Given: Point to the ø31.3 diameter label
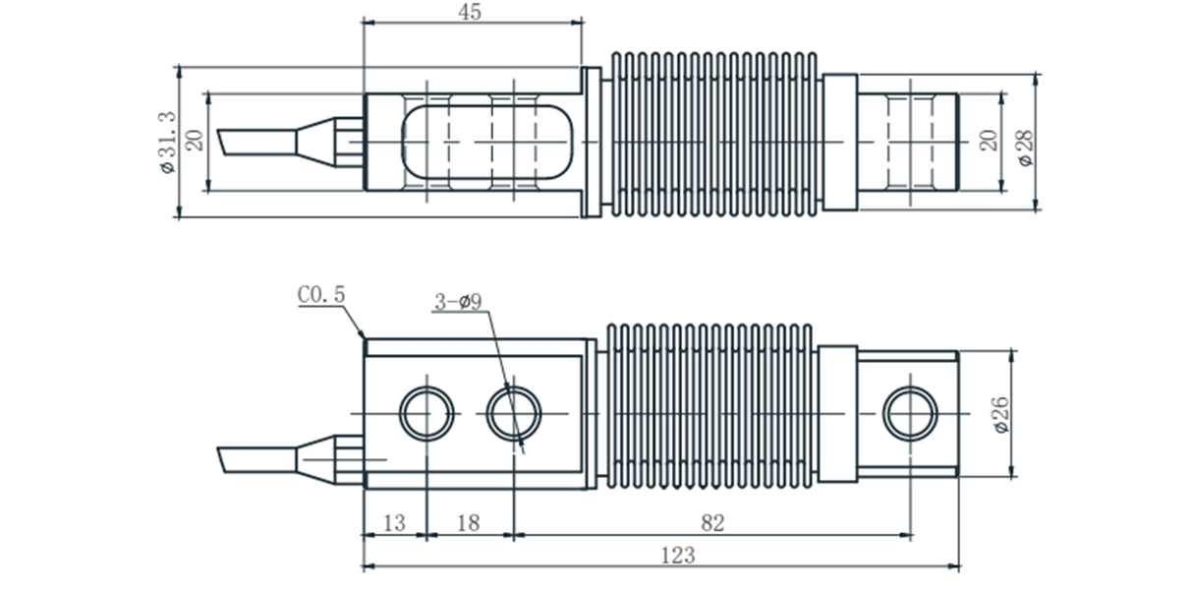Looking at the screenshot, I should (165, 142).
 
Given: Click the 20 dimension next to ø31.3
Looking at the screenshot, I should (195, 140).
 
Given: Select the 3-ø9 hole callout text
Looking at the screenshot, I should (457, 302).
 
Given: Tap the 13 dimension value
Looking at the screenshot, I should (393, 522).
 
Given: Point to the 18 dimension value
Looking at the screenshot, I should (469, 522).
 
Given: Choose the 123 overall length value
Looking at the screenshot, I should (677, 556).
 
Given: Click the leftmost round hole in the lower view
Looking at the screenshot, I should (427, 413).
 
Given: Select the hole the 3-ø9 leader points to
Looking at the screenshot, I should (514, 413).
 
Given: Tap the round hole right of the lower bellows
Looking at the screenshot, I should (910, 413).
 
